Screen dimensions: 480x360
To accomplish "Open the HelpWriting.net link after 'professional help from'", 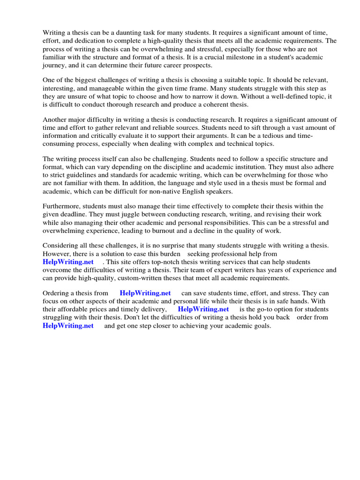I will point(68,262).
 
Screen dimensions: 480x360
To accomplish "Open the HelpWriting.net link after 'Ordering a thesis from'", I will point(145,293).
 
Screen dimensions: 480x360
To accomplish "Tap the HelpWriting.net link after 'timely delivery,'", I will point(203,309).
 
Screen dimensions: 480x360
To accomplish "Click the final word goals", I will point(262,326).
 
